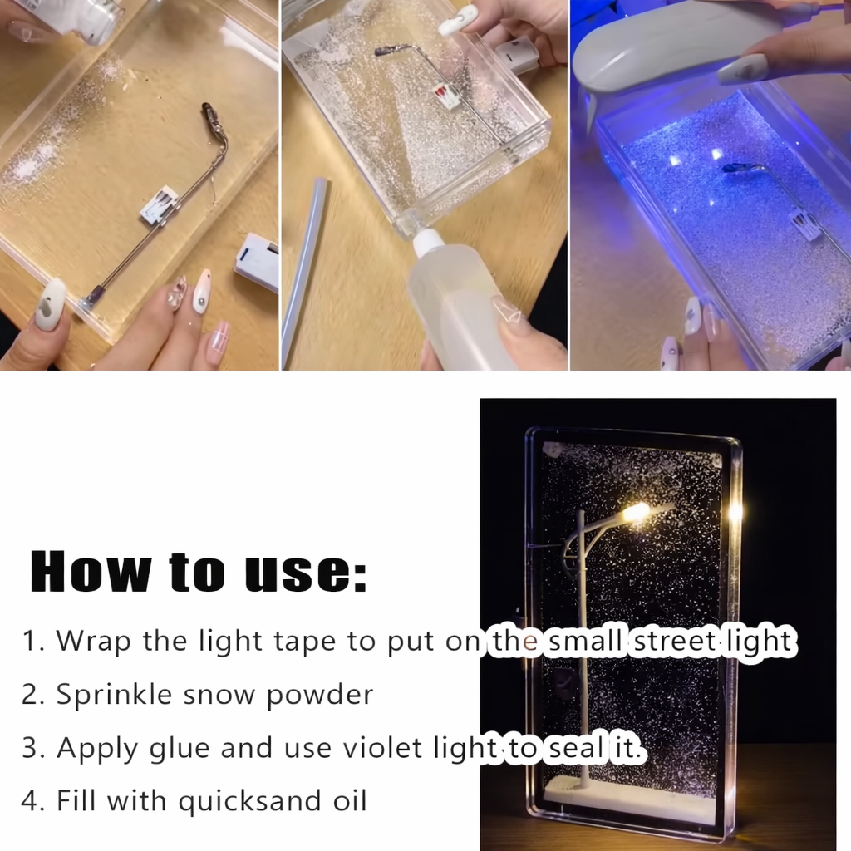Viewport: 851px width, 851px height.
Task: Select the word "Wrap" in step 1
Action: coord(89,642)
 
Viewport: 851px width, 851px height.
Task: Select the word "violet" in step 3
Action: coord(391,747)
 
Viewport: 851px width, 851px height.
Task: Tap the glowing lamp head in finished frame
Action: coord(638,512)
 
